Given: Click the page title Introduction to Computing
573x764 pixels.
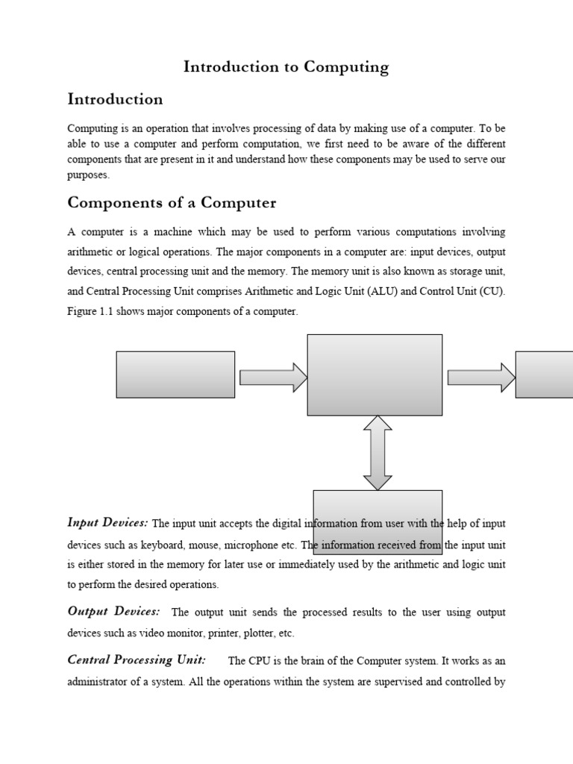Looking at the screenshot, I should pyautogui.click(x=286, y=67).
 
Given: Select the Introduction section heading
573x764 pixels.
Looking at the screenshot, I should pyautogui.click(x=115, y=99).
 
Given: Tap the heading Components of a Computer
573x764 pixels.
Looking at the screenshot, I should pyautogui.click(x=172, y=203).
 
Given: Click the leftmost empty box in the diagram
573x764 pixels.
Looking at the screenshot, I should pyautogui.click(x=175, y=375).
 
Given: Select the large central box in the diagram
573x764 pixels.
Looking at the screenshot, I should pyautogui.click(x=375, y=375).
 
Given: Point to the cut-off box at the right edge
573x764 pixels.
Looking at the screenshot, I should pyautogui.click(x=544, y=375).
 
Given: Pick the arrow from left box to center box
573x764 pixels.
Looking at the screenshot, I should pyautogui.click(x=273, y=378).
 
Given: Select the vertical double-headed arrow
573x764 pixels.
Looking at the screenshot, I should pyautogui.click(x=378, y=453).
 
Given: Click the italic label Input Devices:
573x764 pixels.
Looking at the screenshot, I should pyautogui.click(x=107, y=522).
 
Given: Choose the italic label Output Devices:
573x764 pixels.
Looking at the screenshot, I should pyautogui.click(x=113, y=612).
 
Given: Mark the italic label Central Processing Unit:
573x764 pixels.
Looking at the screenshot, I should pyautogui.click(x=137, y=660).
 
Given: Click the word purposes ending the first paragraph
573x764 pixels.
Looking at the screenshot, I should pyautogui.click(x=87, y=176).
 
